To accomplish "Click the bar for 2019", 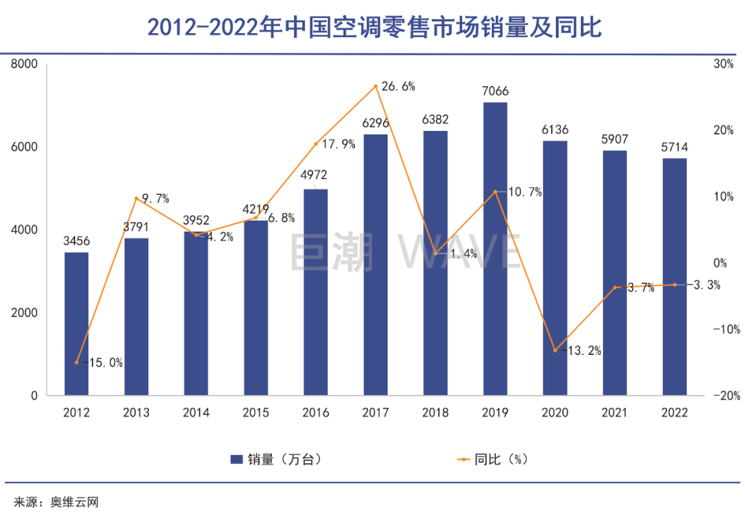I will click(495, 249).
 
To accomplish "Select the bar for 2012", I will click(77, 324).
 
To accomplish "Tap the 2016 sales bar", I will click(316, 292).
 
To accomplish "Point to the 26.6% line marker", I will click(376, 86).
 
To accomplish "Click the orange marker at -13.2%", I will click(555, 350).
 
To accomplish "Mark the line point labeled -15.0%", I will click(77, 363).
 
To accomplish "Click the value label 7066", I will click(495, 91).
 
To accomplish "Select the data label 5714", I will click(675, 147).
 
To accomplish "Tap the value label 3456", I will click(77, 241).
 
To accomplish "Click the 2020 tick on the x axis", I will click(555, 413).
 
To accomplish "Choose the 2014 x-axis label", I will click(196, 413).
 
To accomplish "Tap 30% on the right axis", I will click(724, 64).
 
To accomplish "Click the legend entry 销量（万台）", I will click(276, 459).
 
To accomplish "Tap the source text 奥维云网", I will click(74, 502).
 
